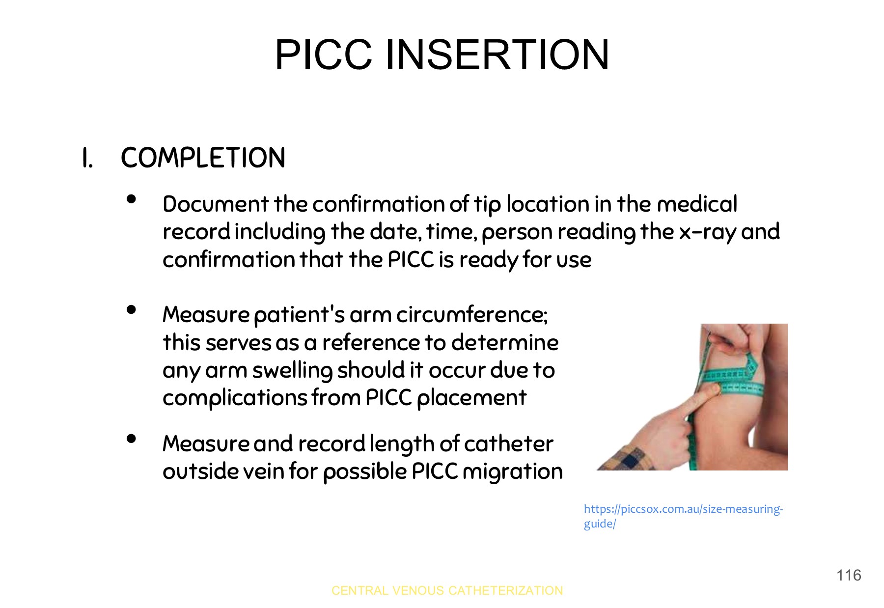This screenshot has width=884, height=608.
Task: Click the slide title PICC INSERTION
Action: (442, 55)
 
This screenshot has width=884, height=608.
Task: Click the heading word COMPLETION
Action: (203, 158)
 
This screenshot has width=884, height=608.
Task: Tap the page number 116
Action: (849, 575)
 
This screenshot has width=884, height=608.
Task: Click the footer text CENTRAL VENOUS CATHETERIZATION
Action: (447, 590)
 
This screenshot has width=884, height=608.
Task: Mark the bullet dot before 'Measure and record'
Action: (131, 439)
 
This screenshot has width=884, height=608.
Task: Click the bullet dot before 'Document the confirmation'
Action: (131, 199)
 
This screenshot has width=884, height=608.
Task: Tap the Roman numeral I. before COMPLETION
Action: (87, 159)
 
